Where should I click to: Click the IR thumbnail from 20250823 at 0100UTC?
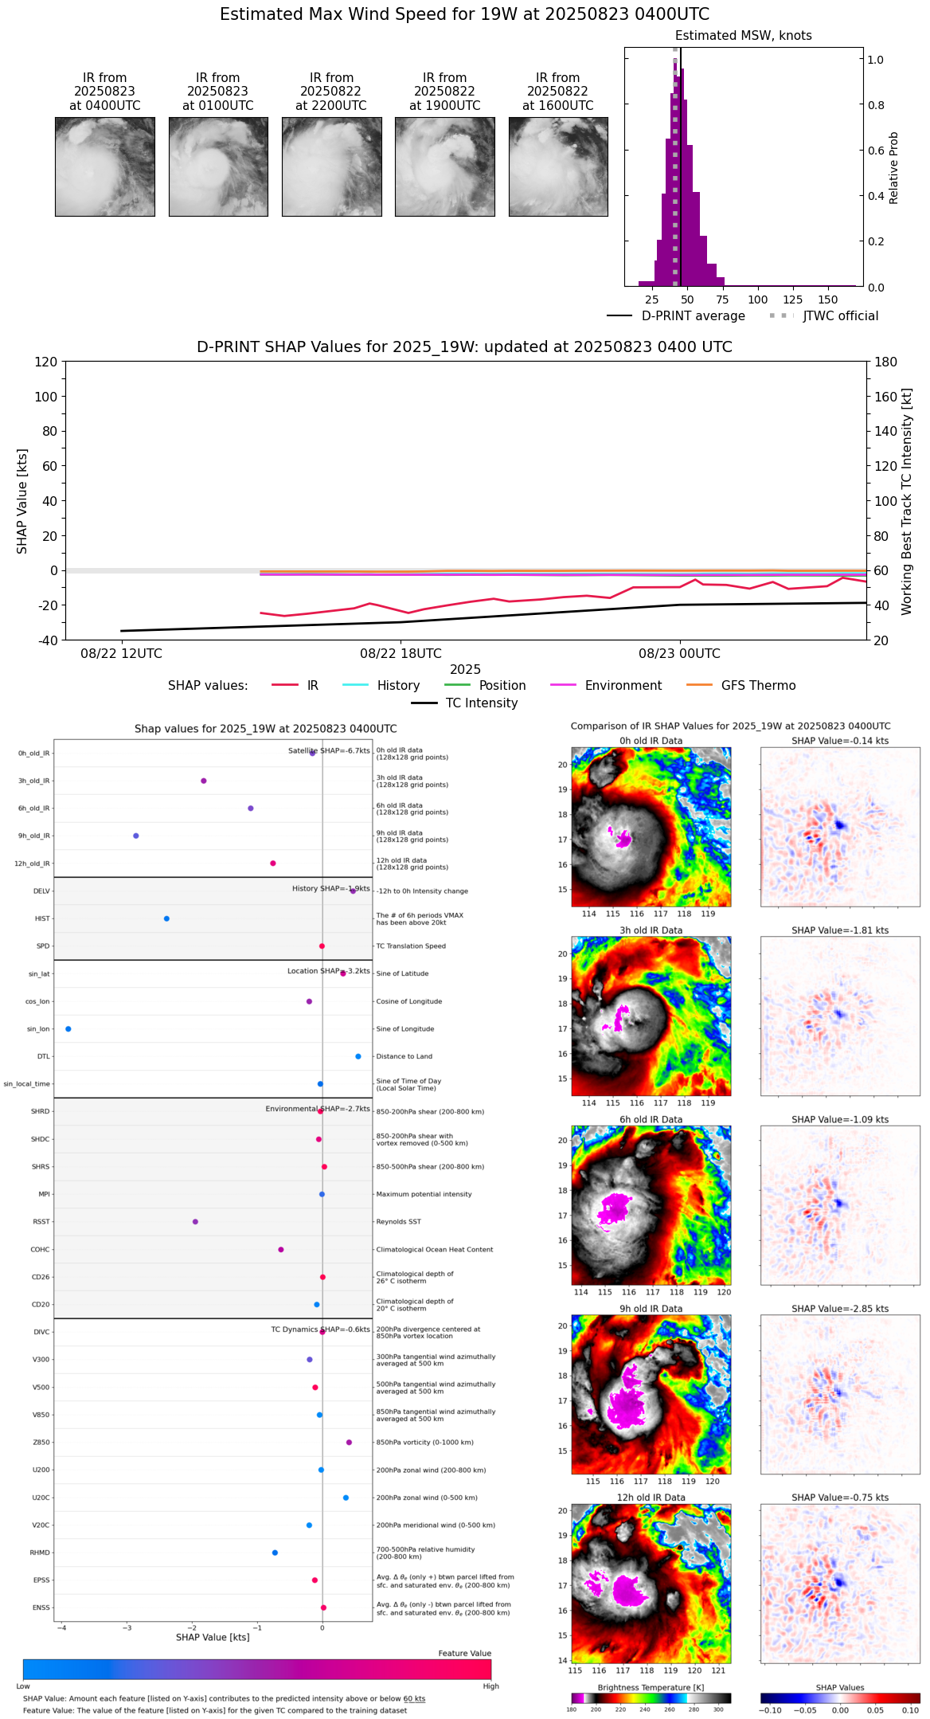[218, 166]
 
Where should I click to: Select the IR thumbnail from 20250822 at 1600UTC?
[558, 166]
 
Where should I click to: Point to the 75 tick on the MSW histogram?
[722, 300]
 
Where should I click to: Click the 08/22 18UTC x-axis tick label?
[401, 654]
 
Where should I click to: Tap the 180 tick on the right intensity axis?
[886, 362]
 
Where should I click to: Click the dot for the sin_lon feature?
[68, 1029]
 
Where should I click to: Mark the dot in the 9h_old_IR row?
[136, 836]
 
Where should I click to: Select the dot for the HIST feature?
[166, 918]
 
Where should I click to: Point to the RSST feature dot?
[195, 1222]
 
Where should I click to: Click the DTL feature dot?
[358, 1056]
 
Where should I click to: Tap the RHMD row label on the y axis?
[40, 1553]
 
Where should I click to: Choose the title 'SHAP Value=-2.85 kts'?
[840, 1309]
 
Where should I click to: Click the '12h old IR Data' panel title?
[651, 1498]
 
